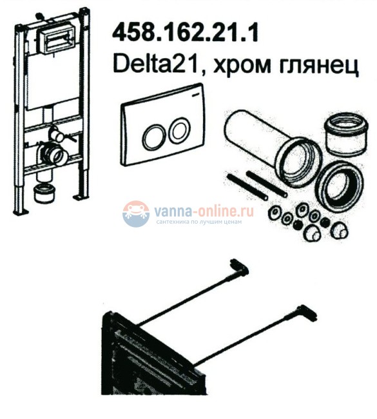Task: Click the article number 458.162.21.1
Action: pos(185,32)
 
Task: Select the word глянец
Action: pos(319,66)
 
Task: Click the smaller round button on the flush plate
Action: pos(180,130)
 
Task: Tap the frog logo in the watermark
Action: pos(136,213)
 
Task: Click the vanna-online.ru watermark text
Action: pos(204,211)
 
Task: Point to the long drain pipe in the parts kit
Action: pos(273,147)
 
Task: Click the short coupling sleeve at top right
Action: pos(346,135)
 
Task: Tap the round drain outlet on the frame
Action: pos(55,154)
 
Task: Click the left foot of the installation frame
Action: pos(21,212)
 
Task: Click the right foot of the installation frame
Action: pos(81,197)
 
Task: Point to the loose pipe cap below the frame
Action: pos(44,193)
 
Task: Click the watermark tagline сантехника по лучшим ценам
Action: pos(199,222)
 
